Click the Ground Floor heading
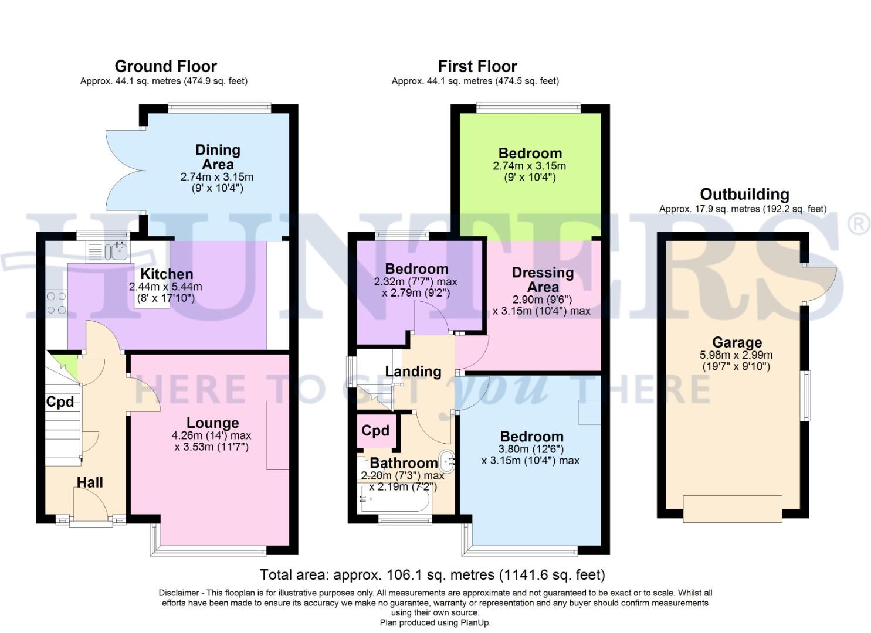pyautogui.click(x=165, y=66)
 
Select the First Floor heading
pyautogui.click(x=477, y=66)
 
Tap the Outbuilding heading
pyautogui.click(x=744, y=194)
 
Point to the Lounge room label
pyautogui.click(x=212, y=423)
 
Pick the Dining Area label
pyautogui.click(x=218, y=157)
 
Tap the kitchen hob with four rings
pyautogui.click(x=56, y=304)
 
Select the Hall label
pyautogui.click(x=90, y=482)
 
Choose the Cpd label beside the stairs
pyautogui.click(x=60, y=401)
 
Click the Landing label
pyautogui.click(x=413, y=371)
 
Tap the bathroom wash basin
pyautogui.click(x=447, y=460)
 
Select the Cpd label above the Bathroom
pyautogui.click(x=375, y=431)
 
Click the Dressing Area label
pyautogui.click(x=543, y=280)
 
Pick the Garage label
pyautogui.click(x=737, y=342)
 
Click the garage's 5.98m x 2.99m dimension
pyautogui.click(x=736, y=355)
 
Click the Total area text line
pyautogui.click(x=432, y=574)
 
